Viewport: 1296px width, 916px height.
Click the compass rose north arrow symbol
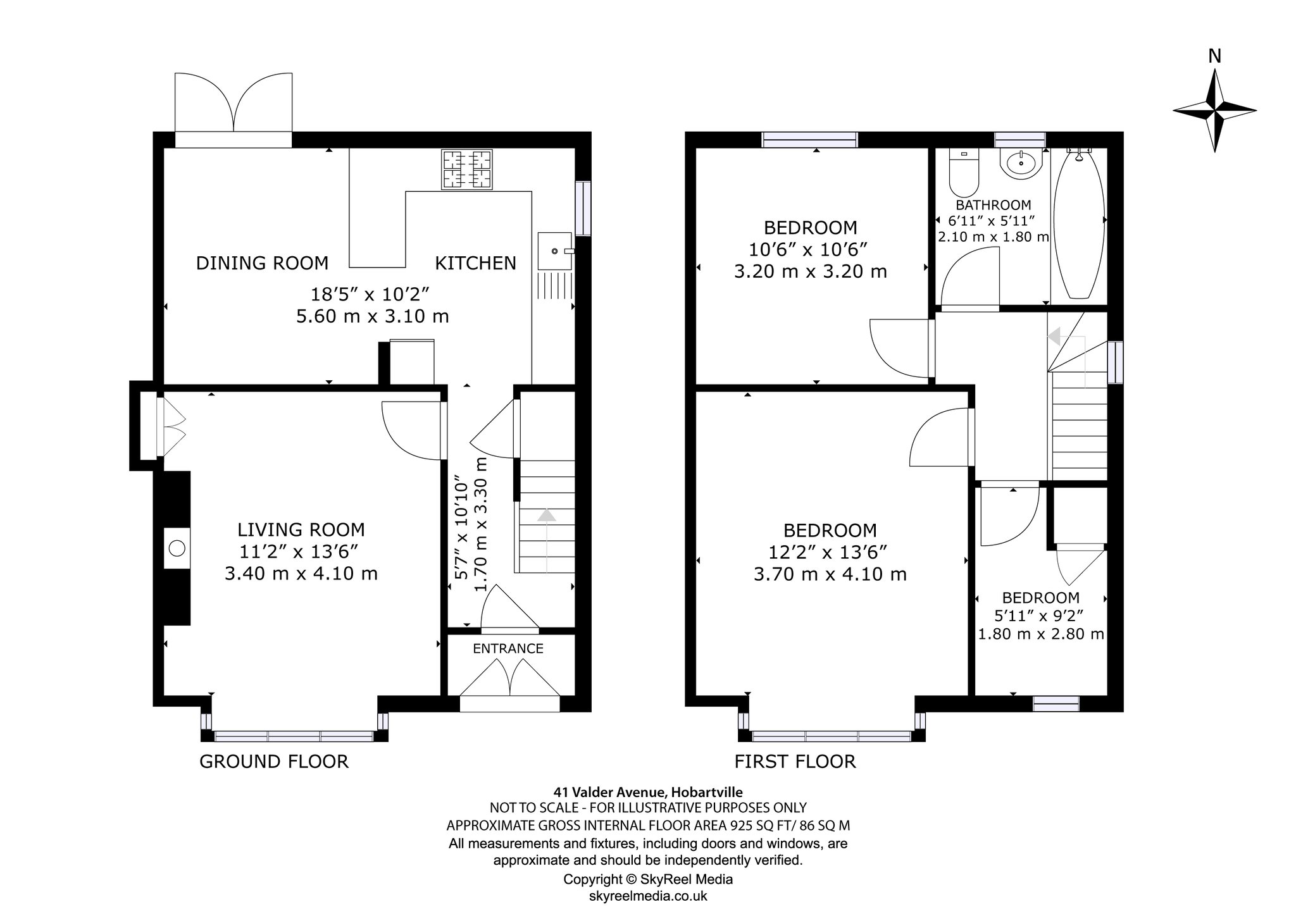click(1214, 110)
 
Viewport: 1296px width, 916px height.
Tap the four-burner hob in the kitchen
click(467, 170)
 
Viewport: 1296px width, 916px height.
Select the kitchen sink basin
click(554, 251)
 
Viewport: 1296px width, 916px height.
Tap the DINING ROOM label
click(262, 263)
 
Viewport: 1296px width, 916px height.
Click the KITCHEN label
click(475, 263)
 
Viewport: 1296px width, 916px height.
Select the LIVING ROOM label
click(301, 529)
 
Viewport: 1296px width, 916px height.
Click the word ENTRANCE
click(508, 648)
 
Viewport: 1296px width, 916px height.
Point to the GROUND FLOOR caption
click(274, 761)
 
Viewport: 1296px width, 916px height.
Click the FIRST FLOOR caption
click(795, 761)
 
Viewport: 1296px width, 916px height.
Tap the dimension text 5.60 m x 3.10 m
click(373, 316)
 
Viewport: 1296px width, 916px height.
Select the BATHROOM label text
click(994, 205)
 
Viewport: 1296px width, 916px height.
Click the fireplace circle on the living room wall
click(177, 548)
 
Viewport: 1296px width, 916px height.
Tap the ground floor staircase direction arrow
click(546, 542)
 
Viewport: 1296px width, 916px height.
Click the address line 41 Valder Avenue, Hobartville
click(648, 791)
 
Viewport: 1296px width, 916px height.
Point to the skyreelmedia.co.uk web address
click(648, 896)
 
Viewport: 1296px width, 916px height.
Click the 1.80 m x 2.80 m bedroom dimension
click(1041, 634)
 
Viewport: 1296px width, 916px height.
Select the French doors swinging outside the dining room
click(234, 102)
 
